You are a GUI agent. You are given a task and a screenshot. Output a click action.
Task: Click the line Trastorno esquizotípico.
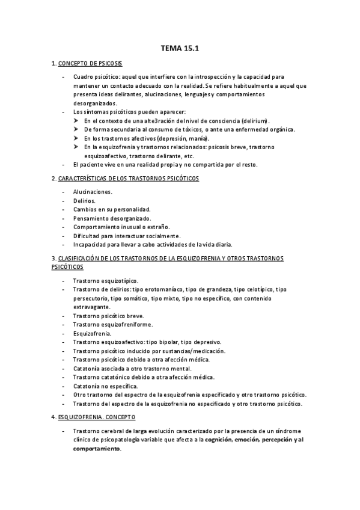pos(106,280)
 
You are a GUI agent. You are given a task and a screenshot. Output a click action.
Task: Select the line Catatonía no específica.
pos(106,386)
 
